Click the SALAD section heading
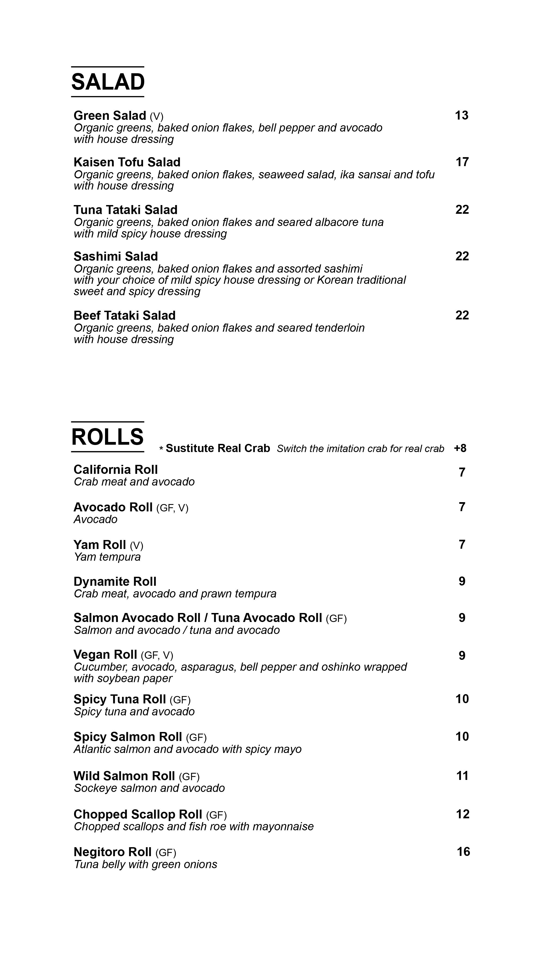tap(108, 82)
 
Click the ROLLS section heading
tap(108, 437)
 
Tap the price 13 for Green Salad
tap(462, 116)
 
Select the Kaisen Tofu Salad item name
tap(127, 162)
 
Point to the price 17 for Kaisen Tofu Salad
tap(462, 162)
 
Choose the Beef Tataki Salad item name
tap(124, 315)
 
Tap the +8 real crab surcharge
tap(460, 448)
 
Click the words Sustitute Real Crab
tap(218, 448)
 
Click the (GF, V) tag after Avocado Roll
tap(172, 508)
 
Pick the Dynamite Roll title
tap(115, 582)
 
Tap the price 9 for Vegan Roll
tap(462, 656)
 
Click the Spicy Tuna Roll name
tap(120, 699)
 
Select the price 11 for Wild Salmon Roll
tap(462, 776)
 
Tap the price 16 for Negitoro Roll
tap(463, 852)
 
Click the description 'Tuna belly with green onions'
tap(145, 864)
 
